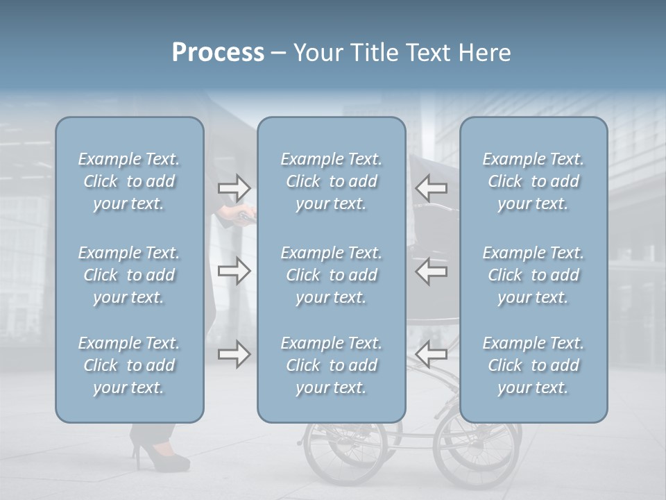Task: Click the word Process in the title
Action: click(218, 53)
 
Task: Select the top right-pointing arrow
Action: click(234, 187)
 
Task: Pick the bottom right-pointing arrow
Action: click(234, 354)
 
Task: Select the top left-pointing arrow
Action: click(432, 187)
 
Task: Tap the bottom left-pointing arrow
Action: click(432, 354)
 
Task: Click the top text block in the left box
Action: click(129, 181)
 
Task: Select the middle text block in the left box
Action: click(129, 275)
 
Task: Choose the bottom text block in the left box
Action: click(129, 365)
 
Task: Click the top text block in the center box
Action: click(332, 181)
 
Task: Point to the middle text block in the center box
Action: click(332, 275)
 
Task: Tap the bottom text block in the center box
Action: click(332, 365)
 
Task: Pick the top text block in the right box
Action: click(533, 181)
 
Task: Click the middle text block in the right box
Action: click(533, 275)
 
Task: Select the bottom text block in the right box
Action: click(533, 365)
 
